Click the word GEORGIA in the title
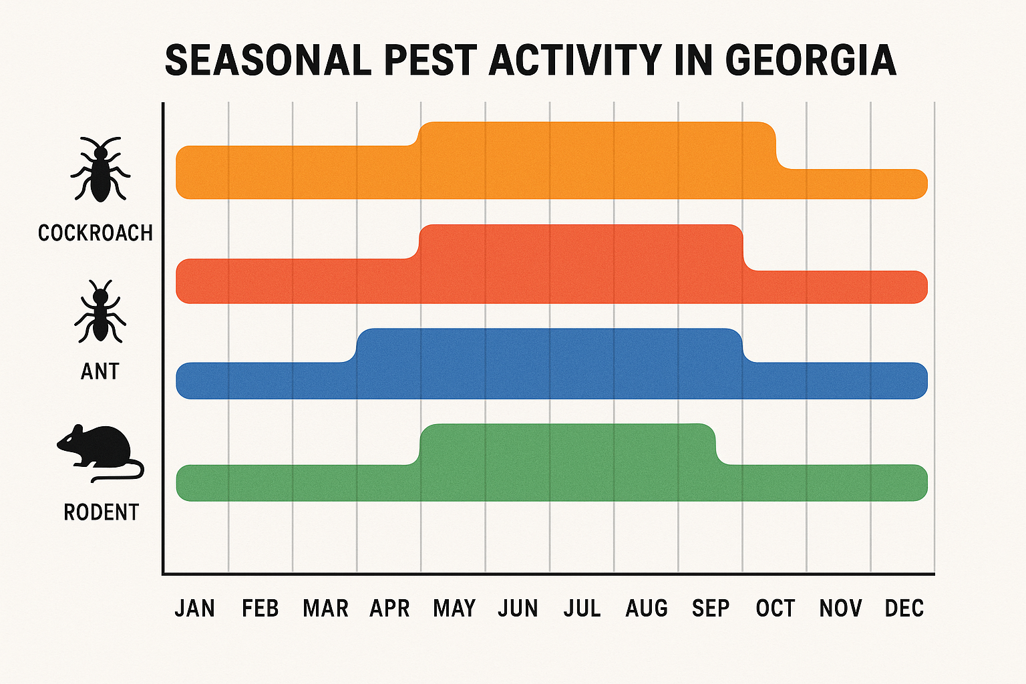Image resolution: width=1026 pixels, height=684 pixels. (x=810, y=61)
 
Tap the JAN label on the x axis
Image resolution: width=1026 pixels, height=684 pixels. (x=195, y=609)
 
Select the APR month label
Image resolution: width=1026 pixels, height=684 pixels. (x=389, y=609)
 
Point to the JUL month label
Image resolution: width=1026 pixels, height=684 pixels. (x=582, y=609)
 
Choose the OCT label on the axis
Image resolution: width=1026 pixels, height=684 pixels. (x=775, y=609)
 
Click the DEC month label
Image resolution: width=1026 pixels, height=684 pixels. (x=904, y=609)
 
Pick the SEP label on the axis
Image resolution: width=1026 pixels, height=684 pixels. (x=711, y=609)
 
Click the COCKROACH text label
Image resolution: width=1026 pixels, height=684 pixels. (x=96, y=233)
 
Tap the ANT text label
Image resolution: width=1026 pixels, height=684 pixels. (x=100, y=371)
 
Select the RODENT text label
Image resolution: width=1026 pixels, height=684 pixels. (x=101, y=512)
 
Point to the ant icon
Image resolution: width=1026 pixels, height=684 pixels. (x=100, y=312)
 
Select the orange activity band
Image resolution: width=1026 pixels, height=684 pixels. (x=534, y=160)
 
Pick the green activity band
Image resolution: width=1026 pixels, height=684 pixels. (x=534, y=468)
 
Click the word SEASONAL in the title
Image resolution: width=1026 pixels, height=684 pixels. (x=267, y=61)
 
